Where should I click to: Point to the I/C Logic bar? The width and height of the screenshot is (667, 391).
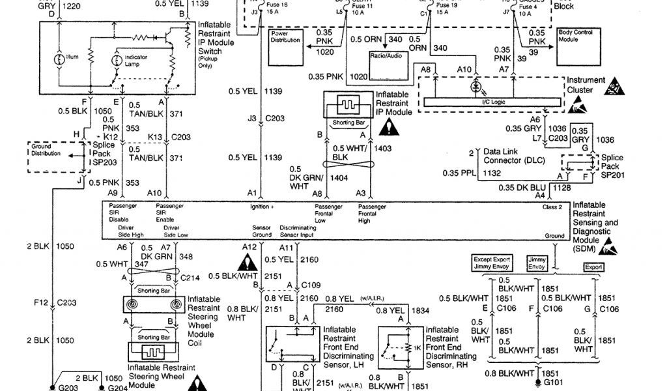(492, 102)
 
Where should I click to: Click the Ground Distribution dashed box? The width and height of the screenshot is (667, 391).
(50, 156)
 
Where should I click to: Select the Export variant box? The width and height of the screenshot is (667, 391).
(593, 267)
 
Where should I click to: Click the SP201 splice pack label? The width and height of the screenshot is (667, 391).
(612, 175)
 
